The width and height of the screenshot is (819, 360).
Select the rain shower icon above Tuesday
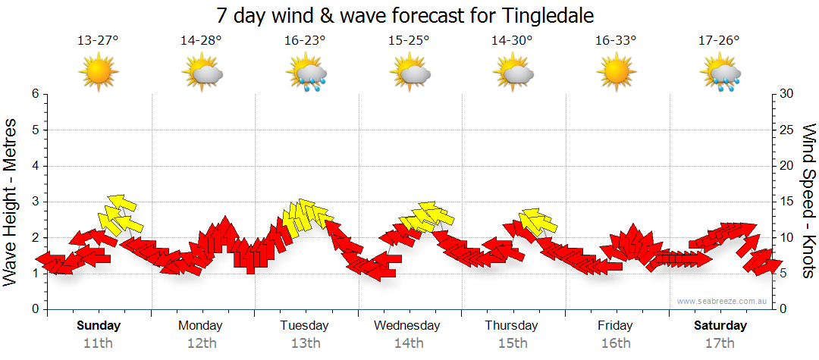click(x=306, y=74)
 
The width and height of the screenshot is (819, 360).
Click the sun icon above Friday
click(x=615, y=72)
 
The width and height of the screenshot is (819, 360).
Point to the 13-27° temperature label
click(x=98, y=41)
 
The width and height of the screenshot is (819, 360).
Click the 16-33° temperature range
click(x=615, y=41)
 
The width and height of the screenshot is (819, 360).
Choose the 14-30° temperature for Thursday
click(x=512, y=41)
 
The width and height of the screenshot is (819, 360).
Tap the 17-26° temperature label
click(x=719, y=41)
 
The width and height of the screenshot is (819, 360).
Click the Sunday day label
click(x=98, y=326)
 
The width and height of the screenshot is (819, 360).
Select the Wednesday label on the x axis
click(x=407, y=326)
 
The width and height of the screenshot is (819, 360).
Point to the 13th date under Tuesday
click(x=305, y=343)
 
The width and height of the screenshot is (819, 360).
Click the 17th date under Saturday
click(x=719, y=343)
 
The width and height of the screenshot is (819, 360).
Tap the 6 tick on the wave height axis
click(x=35, y=94)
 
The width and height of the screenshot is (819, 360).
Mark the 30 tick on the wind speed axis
click(x=787, y=94)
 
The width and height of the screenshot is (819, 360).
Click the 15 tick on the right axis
click(x=787, y=202)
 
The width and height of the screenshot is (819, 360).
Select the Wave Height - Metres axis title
click(x=11, y=202)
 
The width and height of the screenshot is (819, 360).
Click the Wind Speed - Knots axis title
click(x=808, y=202)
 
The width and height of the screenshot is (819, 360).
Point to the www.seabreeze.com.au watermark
click(x=723, y=301)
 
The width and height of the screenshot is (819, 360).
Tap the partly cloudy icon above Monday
click(x=202, y=74)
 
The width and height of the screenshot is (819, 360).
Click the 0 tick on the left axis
click(x=35, y=309)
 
